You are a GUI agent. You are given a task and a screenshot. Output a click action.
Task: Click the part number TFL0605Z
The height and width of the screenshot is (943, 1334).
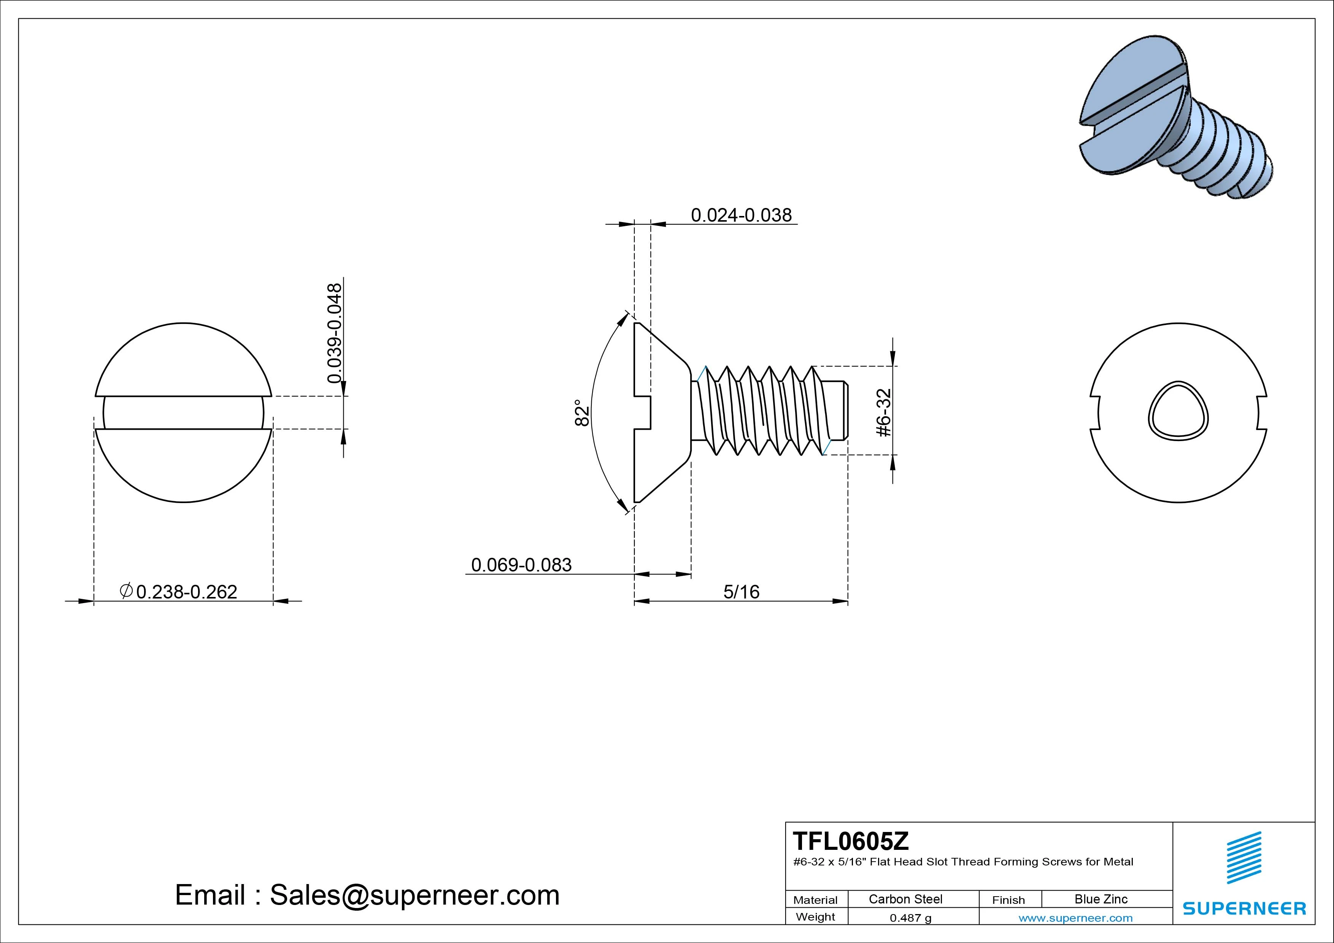click(x=851, y=841)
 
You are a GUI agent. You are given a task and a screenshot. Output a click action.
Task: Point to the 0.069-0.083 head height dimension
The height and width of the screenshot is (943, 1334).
click(x=521, y=565)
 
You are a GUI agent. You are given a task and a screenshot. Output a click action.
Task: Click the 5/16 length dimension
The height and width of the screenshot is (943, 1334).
click(x=742, y=592)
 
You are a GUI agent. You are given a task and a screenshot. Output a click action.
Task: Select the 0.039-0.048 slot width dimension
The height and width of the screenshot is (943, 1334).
click(x=335, y=333)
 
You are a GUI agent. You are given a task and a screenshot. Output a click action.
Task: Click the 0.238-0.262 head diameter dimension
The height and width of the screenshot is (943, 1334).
click(x=186, y=592)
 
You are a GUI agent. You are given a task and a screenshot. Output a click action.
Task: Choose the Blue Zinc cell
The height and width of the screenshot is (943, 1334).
click(x=1101, y=899)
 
